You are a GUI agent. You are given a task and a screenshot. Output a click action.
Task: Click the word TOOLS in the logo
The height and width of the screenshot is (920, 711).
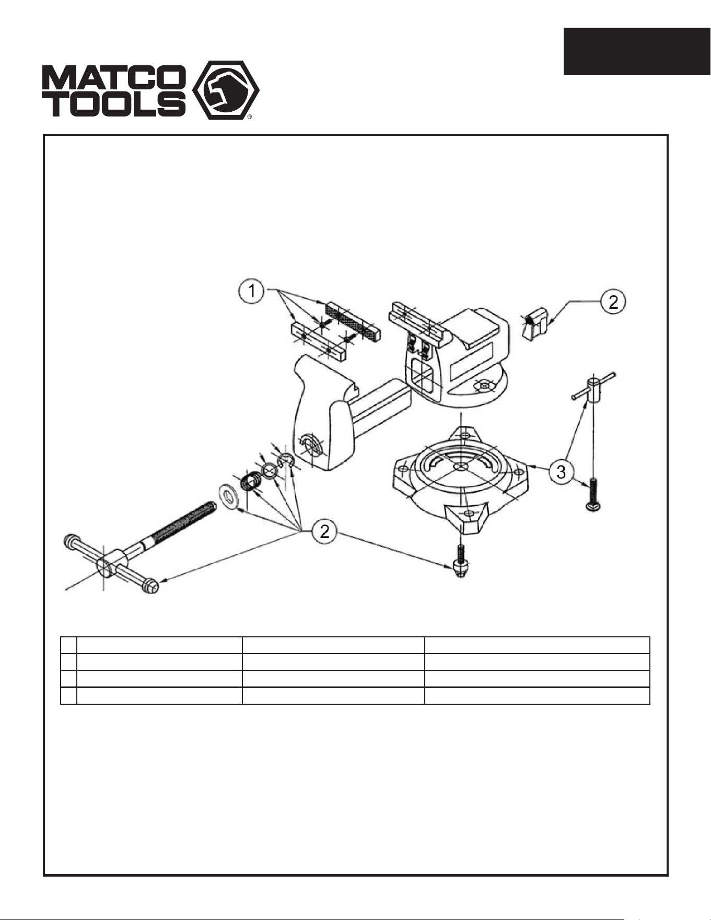point(114,103)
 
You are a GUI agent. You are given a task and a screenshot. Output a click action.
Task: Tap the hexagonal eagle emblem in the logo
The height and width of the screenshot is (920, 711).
point(226,90)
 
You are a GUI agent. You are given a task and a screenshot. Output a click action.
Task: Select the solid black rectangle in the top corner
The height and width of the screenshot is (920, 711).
point(637,51)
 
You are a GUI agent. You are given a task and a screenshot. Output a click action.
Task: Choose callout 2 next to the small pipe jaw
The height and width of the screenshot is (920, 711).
point(613,301)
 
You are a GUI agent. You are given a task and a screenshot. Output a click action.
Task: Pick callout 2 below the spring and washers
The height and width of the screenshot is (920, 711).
point(324,531)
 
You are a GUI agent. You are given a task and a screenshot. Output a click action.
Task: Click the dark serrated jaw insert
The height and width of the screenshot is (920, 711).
point(353,321)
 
